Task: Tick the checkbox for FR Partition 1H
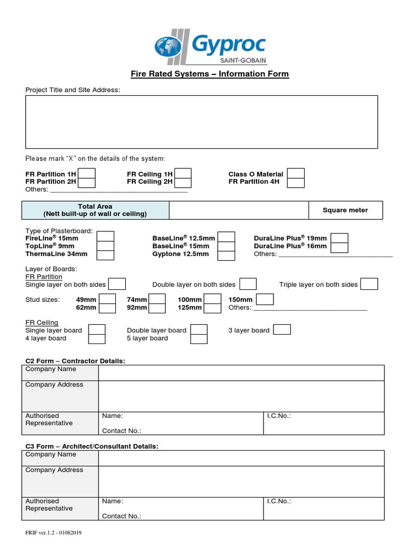86,174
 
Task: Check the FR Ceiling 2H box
183,182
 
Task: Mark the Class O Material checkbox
296,174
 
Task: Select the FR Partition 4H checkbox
296,182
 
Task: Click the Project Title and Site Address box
201,121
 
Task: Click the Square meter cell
345,210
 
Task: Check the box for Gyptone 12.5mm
226,254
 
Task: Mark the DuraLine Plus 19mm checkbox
339,238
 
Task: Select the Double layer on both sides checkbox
248,284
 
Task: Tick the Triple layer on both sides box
369,284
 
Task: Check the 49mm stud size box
107,299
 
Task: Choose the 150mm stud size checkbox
265,299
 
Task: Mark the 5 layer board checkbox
199,339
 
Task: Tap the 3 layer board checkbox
282,330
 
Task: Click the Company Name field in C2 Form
241,372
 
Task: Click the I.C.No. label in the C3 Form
278,501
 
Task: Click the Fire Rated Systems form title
209,74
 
